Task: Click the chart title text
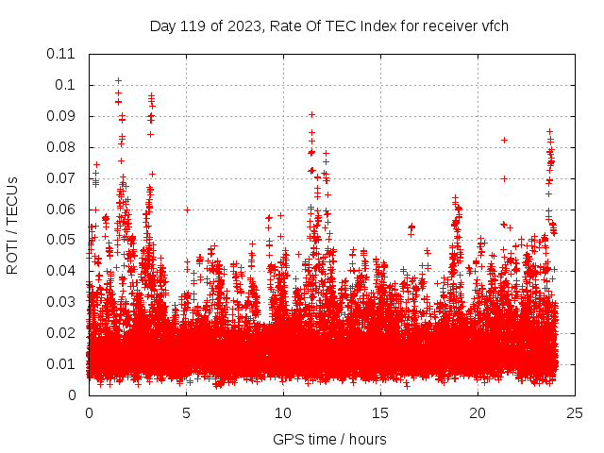click(329, 25)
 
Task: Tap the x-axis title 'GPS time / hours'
click(329, 439)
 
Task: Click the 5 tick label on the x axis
click(186, 412)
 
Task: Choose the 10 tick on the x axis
click(283, 412)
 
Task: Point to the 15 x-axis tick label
click(380, 412)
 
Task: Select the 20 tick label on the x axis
click(478, 412)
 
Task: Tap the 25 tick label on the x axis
click(575, 412)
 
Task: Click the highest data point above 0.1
click(118, 80)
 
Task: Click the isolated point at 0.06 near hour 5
click(187, 210)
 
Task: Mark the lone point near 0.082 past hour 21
click(504, 140)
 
